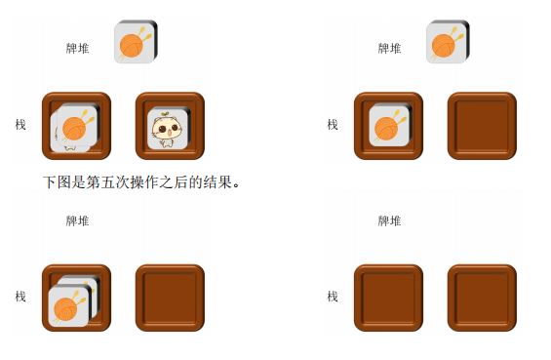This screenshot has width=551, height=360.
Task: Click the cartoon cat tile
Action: coord(168,129)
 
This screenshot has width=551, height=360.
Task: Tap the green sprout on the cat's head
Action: coord(165,113)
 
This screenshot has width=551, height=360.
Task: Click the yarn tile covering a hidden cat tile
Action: coord(75,127)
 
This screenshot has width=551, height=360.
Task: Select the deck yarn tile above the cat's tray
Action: coord(136,42)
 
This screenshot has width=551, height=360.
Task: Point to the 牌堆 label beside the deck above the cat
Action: coord(77,48)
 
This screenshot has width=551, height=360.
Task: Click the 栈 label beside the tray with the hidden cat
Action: coord(20,125)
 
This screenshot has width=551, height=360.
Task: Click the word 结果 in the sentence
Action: coord(217,182)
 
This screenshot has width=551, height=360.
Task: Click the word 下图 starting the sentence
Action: coord(58,182)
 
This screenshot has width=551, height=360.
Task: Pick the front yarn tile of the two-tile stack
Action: coord(69,306)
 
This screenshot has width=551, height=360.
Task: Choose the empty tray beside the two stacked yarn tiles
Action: coord(170,298)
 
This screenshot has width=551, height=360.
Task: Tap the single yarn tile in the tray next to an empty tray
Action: coord(390,126)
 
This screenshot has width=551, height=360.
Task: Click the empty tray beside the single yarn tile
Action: coord(482,126)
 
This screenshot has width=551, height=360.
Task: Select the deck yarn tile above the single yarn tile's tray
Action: coord(448,42)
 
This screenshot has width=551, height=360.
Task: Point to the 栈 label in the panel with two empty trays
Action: coord(333,297)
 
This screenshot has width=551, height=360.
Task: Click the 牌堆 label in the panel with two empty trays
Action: coord(389,220)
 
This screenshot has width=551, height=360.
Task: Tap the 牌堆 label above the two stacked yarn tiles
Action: coord(77,220)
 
